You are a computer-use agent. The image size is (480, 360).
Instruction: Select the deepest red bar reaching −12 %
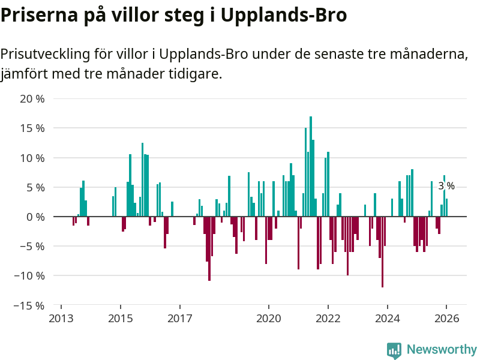point(382,252)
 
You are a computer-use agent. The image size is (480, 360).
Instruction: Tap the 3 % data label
point(446,186)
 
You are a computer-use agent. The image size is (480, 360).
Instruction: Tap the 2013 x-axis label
point(61,318)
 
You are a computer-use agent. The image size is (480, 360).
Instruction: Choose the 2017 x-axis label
point(180,318)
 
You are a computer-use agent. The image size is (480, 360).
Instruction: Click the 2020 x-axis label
point(269,318)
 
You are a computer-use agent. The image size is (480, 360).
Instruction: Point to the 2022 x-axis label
point(328,318)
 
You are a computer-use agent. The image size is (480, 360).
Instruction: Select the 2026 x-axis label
point(447,318)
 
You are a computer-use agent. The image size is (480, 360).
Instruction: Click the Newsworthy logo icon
point(394,350)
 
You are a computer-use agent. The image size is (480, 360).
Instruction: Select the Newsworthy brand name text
point(442,350)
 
